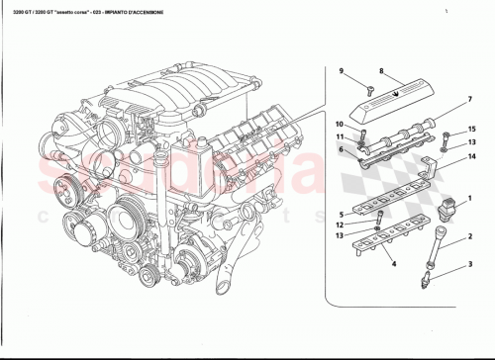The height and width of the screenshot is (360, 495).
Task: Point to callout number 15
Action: (471, 129)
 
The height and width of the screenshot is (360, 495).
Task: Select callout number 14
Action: (471, 156)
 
